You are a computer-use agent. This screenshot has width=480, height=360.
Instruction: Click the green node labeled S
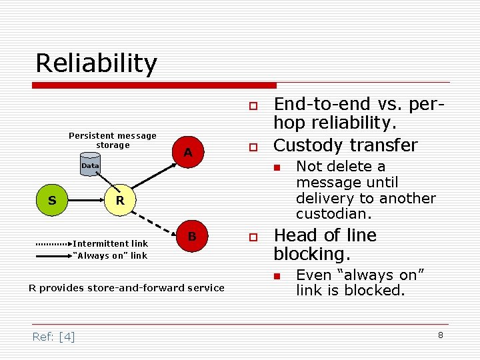click(51, 200)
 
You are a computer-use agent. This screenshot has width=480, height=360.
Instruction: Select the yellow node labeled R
click(119, 200)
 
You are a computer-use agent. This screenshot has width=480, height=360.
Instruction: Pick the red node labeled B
click(191, 237)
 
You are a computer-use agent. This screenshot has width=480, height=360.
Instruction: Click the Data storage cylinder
click(89, 165)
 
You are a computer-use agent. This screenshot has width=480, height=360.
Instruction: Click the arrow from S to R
click(85, 200)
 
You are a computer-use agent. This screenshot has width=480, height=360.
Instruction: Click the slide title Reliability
click(96, 63)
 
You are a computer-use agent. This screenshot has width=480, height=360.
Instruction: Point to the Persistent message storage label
click(112, 140)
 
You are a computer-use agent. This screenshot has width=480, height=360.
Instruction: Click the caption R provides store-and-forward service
click(127, 288)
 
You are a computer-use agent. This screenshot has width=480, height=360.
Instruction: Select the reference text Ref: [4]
click(53, 337)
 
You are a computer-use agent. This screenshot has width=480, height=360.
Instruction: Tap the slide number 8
click(440, 335)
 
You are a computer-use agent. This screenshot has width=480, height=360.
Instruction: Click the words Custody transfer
click(345, 145)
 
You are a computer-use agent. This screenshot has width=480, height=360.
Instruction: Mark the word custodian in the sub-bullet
click(333, 215)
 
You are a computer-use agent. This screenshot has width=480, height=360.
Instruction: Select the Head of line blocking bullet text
click(325, 245)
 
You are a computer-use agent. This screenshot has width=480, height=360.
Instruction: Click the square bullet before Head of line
click(253, 237)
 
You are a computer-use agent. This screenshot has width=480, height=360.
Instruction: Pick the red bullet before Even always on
click(283, 275)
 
